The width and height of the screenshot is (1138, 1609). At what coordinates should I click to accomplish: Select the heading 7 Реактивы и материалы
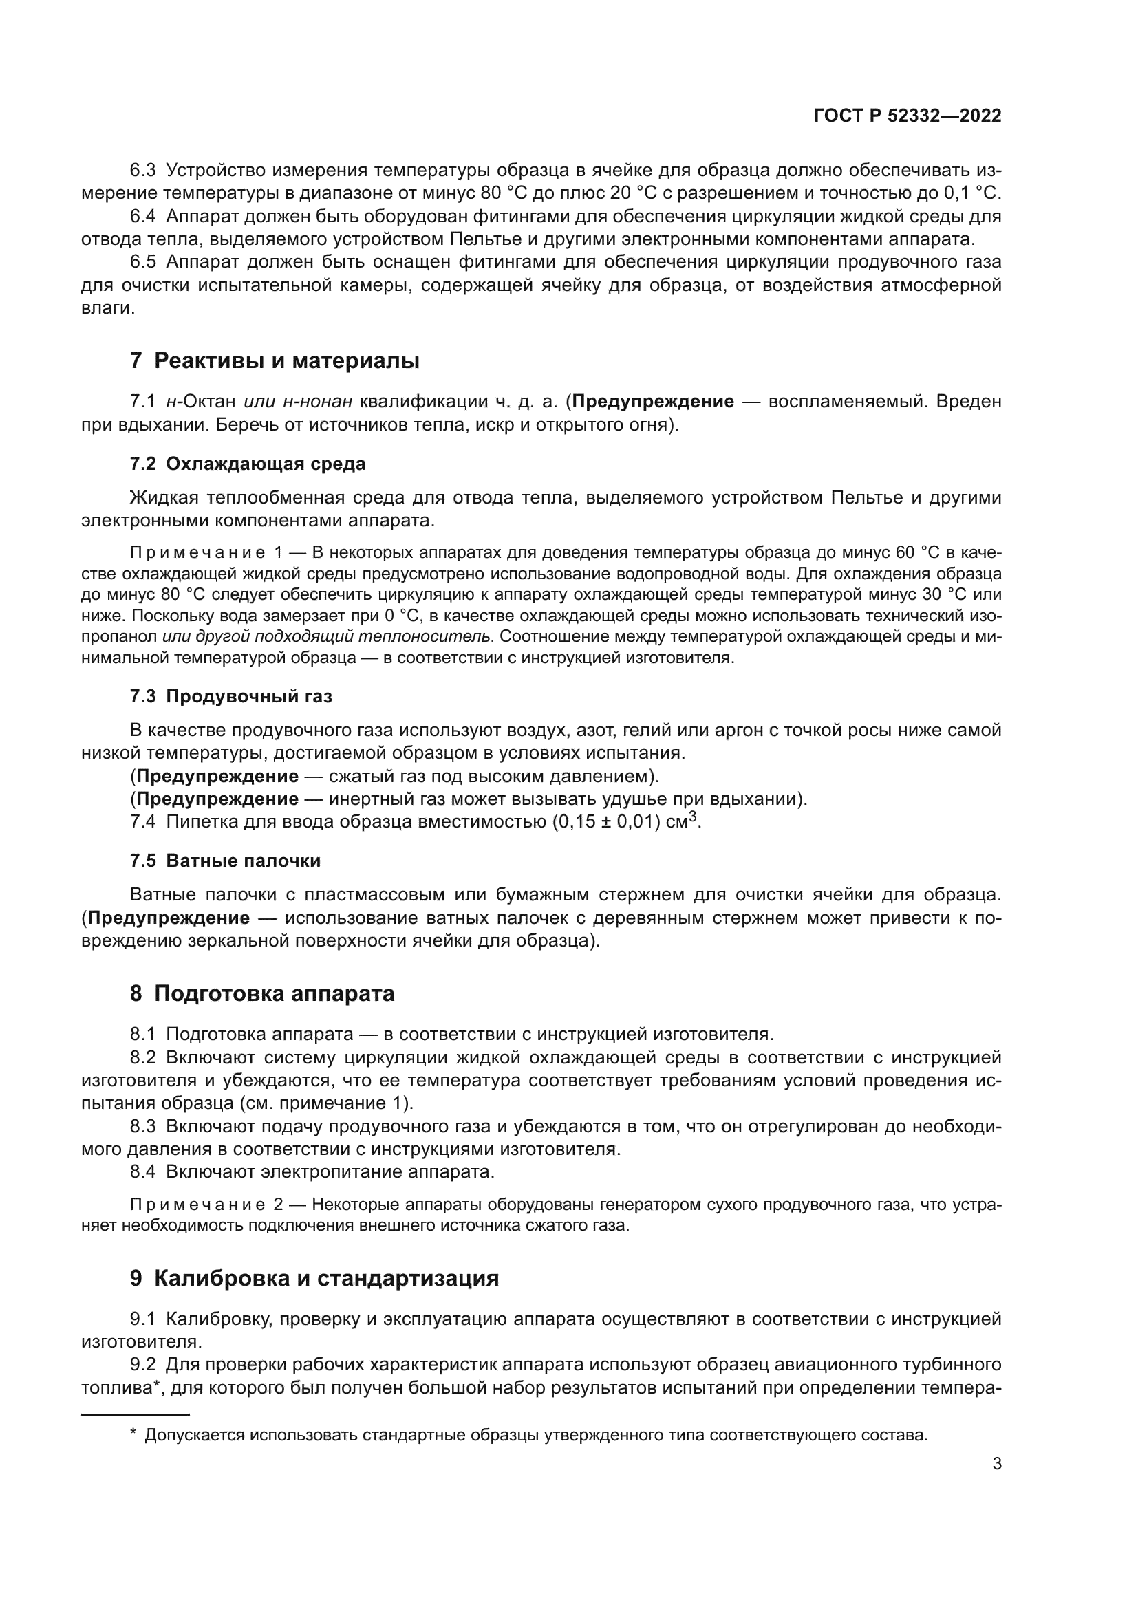[x=275, y=361]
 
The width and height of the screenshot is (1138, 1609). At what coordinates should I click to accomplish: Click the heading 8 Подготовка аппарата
[x=262, y=993]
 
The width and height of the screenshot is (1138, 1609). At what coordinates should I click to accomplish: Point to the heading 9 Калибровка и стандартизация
[x=314, y=1278]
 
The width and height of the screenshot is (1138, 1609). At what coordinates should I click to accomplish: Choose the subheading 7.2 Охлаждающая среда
[x=248, y=464]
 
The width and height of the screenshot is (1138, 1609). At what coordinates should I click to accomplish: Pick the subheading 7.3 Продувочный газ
[x=230, y=697]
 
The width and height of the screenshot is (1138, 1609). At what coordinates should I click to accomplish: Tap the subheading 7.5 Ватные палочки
[x=225, y=861]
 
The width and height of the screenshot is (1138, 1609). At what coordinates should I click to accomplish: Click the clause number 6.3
[x=143, y=171]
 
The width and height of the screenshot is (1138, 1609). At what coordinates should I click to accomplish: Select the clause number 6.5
[x=143, y=262]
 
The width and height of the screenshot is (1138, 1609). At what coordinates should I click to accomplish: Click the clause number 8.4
[x=143, y=1171]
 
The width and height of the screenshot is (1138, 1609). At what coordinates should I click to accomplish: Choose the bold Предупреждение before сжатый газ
[x=217, y=777]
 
